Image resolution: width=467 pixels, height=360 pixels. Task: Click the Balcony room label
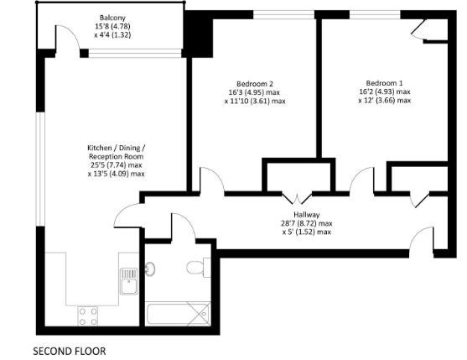[x=112, y=18]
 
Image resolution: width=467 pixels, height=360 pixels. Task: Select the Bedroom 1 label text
[x=384, y=83]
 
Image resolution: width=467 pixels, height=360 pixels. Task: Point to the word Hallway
[x=307, y=215]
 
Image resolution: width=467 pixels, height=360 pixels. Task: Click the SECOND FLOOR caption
[x=69, y=351]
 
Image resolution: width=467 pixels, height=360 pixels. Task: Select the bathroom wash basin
[x=150, y=269]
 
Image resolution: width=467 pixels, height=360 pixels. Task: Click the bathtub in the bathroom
[x=178, y=314]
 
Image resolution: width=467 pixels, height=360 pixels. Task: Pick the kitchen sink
[x=129, y=281]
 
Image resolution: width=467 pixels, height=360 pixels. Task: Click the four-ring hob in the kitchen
[x=87, y=316]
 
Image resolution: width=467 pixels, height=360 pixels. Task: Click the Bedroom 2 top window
[x=284, y=15]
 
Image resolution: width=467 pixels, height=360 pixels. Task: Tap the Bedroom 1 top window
[x=375, y=14]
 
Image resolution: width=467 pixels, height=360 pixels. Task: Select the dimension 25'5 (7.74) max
[x=117, y=164]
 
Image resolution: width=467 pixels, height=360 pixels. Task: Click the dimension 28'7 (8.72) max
[x=307, y=223]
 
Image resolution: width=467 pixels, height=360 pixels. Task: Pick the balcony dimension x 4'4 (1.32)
[x=112, y=35]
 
